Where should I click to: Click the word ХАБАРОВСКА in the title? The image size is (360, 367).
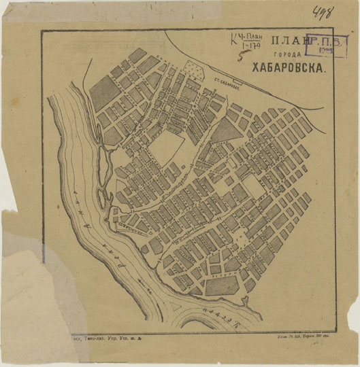point(289,68)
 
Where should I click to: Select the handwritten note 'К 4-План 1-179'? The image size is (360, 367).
point(246,42)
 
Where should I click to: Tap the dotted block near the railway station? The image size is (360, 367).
point(195,71)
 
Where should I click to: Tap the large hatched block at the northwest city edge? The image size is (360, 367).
point(103,92)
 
